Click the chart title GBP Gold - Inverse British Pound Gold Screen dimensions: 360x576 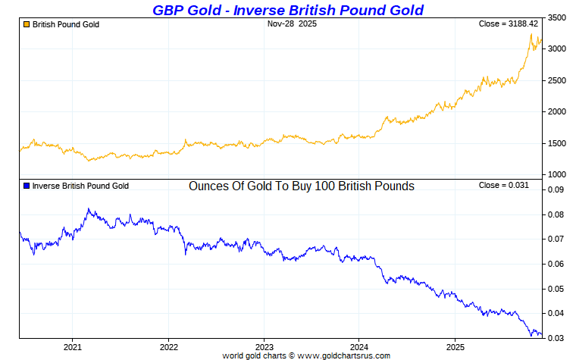(287, 9)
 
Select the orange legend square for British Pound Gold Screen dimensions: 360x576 (27, 24)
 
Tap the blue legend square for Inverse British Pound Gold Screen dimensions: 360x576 (27, 186)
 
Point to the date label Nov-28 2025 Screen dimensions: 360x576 (293, 24)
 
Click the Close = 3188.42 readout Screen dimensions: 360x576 (509, 24)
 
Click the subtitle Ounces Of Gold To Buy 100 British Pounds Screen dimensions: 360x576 (302, 186)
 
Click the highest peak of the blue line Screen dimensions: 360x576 (89, 208)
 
